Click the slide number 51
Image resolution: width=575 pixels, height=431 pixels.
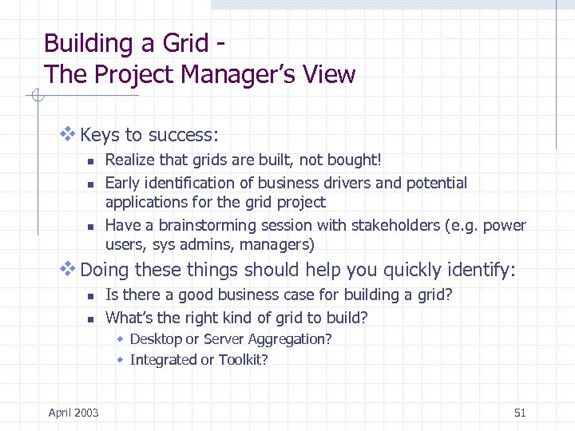(x=520, y=413)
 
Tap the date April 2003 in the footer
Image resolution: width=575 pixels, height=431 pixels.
(x=73, y=413)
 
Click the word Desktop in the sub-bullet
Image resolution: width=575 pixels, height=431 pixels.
(x=156, y=339)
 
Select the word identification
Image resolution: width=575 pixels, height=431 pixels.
(x=186, y=183)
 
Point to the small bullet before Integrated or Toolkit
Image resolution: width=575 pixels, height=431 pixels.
(x=121, y=360)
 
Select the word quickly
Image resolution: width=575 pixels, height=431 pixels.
(x=417, y=271)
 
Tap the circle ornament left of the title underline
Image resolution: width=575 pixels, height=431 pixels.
(x=37, y=97)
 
